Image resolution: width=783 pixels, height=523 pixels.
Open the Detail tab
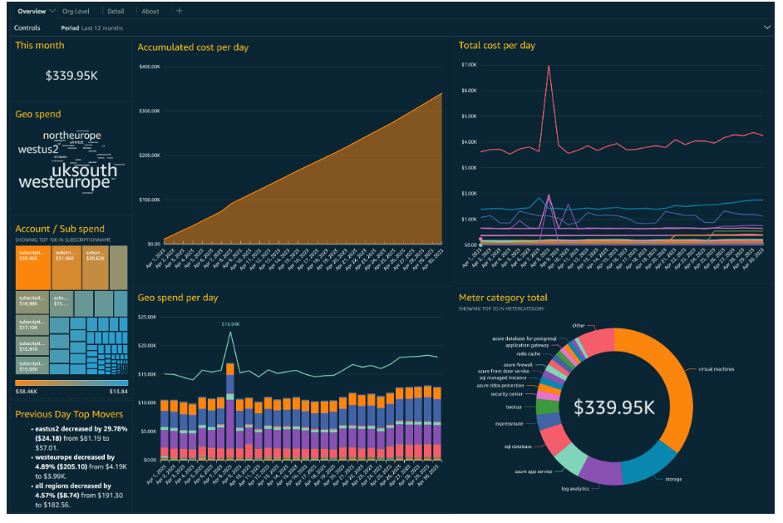click(x=116, y=12)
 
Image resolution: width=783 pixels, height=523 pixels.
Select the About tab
click(x=150, y=12)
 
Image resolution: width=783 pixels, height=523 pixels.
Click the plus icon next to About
click(x=180, y=12)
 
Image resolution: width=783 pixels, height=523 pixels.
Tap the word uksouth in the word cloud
click(x=85, y=170)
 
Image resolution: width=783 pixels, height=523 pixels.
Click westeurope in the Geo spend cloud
click(x=64, y=182)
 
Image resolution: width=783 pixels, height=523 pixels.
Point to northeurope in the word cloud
click(x=72, y=136)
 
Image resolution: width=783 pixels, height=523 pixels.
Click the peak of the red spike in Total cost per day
click(x=549, y=66)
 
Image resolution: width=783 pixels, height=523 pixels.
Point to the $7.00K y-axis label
click(x=467, y=64)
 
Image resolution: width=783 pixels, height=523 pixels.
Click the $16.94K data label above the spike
click(x=230, y=323)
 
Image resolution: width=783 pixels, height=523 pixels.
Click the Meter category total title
click(x=503, y=298)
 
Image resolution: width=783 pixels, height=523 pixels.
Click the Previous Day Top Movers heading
click(x=69, y=414)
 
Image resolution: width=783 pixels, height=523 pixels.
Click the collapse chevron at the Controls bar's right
click(x=767, y=27)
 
